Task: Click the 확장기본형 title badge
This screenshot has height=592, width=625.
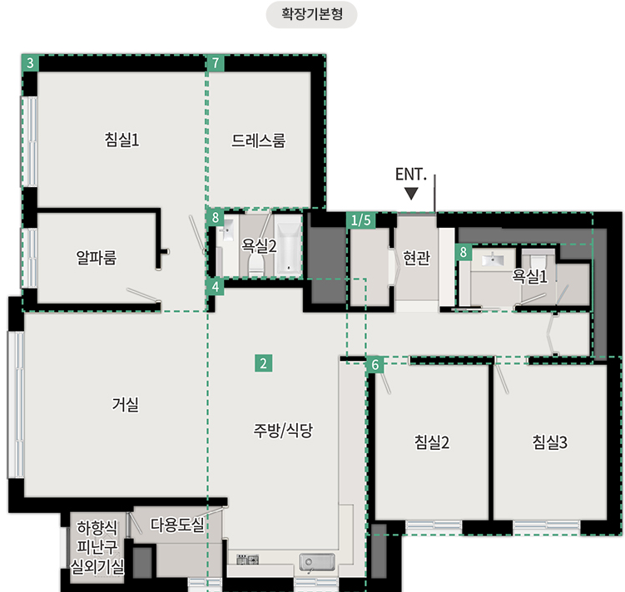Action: (x=311, y=15)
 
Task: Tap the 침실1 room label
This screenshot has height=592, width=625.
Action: (x=122, y=140)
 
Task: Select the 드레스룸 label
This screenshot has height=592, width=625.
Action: (x=259, y=141)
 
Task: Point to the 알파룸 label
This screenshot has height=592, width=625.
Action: (x=97, y=258)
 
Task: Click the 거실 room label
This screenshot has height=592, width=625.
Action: (x=126, y=404)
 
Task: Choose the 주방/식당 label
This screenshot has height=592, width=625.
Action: (x=283, y=430)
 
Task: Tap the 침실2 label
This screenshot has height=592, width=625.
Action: (x=432, y=442)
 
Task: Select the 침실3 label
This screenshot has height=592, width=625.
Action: (x=549, y=442)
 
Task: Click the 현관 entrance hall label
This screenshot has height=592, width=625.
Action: (x=417, y=258)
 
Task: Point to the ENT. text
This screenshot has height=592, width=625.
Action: (x=411, y=175)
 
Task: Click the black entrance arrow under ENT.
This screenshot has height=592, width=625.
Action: (x=411, y=194)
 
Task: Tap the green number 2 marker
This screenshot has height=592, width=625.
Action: (x=264, y=363)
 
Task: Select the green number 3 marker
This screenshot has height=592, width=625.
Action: (x=30, y=63)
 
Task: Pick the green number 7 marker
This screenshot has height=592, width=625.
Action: (x=216, y=63)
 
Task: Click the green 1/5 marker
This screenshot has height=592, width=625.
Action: (x=360, y=220)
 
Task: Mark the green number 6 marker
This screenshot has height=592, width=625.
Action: (x=375, y=365)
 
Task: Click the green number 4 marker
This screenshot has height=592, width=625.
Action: (x=216, y=287)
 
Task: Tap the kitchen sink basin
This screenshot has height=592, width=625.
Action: (x=317, y=562)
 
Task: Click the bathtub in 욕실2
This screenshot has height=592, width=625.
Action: (x=289, y=245)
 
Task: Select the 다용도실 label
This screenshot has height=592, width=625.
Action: (x=177, y=525)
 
